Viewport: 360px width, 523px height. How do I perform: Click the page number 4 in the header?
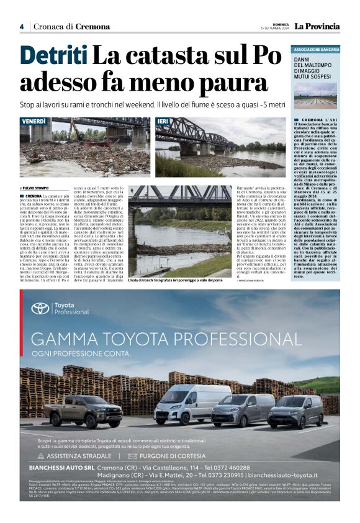pyautogui.click(x=21, y=27)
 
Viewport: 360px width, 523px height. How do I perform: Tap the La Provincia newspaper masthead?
pyautogui.click(x=317, y=26)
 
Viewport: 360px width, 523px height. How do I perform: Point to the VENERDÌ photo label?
pyautogui.click(x=34, y=121)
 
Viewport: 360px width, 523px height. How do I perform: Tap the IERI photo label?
pyautogui.click(x=163, y=121)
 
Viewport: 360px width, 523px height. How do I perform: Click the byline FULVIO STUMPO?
pyautogui.click(x=36, y=188)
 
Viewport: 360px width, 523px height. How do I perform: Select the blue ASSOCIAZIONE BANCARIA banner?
pyautogui.click(x=316, y=48)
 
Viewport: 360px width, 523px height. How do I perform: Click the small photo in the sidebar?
pyautogui.click(x=316, y=96)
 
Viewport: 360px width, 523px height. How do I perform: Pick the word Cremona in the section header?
pyautogui.click(x=94, y=27)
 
